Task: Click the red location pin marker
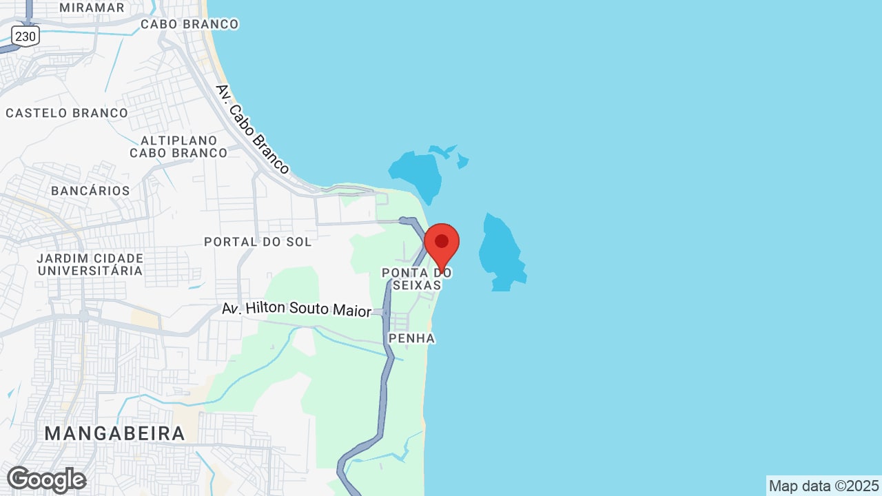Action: (442, 243)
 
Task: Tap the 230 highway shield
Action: (25, 36)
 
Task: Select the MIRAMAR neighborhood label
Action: (92, 8)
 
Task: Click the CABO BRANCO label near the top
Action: (189, 24)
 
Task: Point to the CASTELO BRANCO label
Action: (67, 113)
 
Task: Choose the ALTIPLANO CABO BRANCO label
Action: (178, 147)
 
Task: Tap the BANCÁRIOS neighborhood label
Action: (90, 191)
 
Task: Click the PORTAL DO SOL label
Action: (258, 242)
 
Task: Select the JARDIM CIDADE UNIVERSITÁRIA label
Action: (90, 265)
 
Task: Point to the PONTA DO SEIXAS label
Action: (416, 279)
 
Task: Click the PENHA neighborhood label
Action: (411, 338)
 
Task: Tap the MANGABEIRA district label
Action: (115, 433)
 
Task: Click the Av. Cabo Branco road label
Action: (252, 130)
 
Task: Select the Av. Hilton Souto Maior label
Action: (296, 309)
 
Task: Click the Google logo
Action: (46, 479)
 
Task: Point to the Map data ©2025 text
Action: (824, 486)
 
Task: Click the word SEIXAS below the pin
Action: (416, 285)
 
